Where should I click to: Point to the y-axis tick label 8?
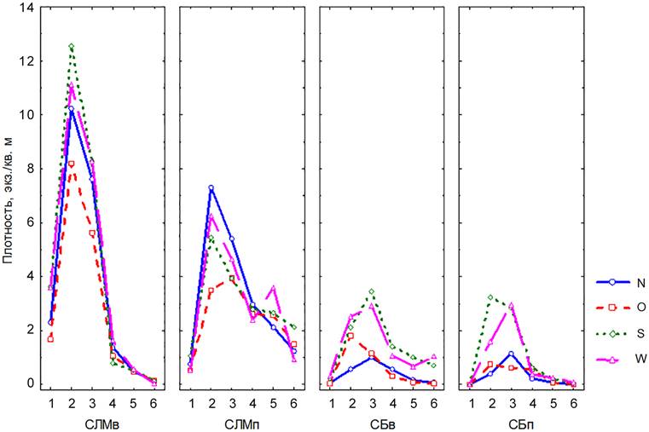(x=32, y=169)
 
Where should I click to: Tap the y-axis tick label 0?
(x=32, y=383)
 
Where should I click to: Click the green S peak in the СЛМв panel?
(x=72, y=47)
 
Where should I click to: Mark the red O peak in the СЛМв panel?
(x=72, y=164)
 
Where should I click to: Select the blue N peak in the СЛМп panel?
(x=212, y=187)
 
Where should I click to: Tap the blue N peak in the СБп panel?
(x=511, y=354)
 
